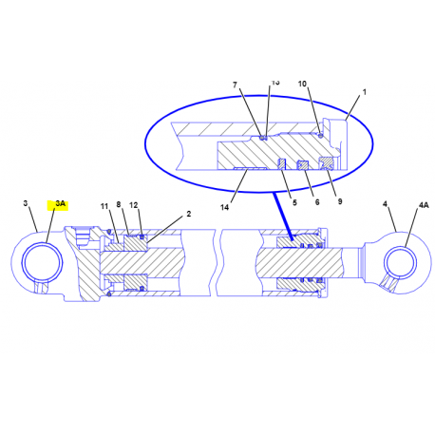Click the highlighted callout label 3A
pyautogui.click(x=61, y=203)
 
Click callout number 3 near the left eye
pyautogui.click(x=27, y=203)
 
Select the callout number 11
pyautogui.click(x=104, y=206)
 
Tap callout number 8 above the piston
pyautogui.click(x=119, y=205)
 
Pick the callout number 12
pyautogui.click(x=134, y=205)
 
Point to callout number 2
pyautogui.click(x=188, y=214)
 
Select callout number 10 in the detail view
pyautogui.click(x=302, y=84)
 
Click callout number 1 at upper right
pyautogui.click(x=364, y=92)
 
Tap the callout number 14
pyautogui.click(x=225, y=206)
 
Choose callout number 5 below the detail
pyautogui.click(x=294, y=202)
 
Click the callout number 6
pyautogui.click(x=317, y=202)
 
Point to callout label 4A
pyautogui.click(x=425, y=203)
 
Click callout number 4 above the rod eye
pyautogui.click(x=385, y=203)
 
